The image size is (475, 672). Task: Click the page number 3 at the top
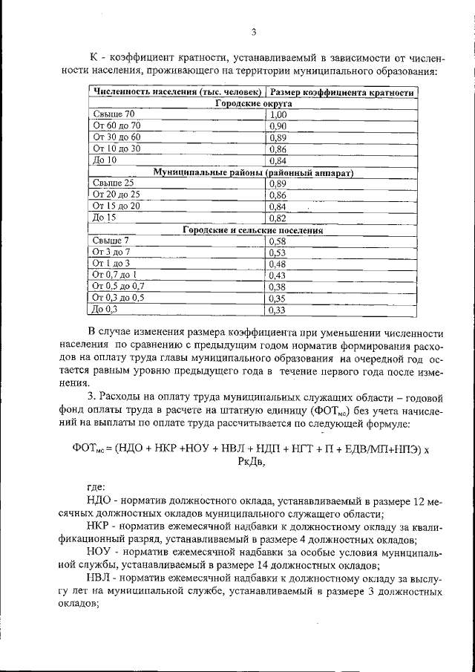253,32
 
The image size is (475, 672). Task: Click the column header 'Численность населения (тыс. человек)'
177,92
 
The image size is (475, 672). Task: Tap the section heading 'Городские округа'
253,104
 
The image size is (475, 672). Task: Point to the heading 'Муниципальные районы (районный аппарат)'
253,172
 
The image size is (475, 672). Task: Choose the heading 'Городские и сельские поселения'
253,230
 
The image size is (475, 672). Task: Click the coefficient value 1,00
278,115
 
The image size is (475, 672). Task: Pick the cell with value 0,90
278,126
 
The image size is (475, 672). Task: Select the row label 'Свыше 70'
114,115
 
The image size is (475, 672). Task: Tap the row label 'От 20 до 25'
118,195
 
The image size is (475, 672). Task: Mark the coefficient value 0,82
278,218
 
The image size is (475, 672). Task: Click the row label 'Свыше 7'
111,241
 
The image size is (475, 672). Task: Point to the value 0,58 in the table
278,241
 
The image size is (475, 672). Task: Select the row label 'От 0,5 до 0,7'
119,286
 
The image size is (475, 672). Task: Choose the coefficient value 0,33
278,310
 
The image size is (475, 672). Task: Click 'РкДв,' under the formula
252,462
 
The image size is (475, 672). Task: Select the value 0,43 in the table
278,275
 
